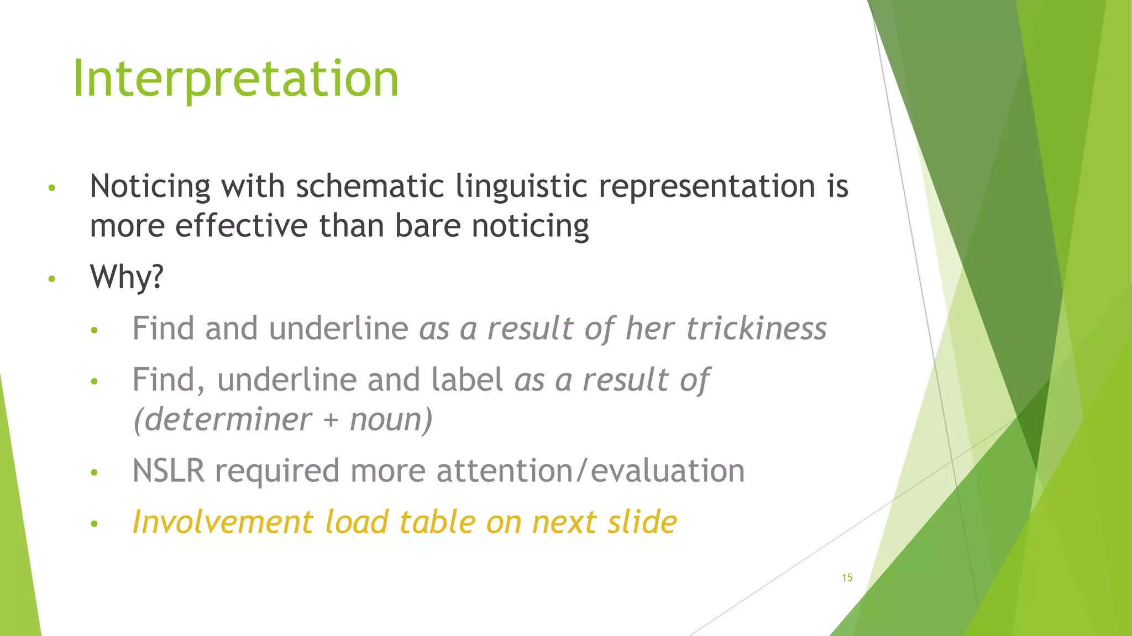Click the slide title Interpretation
(235, 78)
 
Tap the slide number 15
(847, 577)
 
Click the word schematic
(370, 186)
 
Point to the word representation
(707, 186)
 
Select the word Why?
(127, 277)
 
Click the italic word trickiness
(756, 328)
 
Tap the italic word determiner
(223, 420)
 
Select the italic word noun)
(391, 420)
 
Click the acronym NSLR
(168, 471)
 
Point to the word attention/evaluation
(590, 471)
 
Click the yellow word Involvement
(223, 522)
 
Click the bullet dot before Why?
(52, 279)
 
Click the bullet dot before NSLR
(95, 473)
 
